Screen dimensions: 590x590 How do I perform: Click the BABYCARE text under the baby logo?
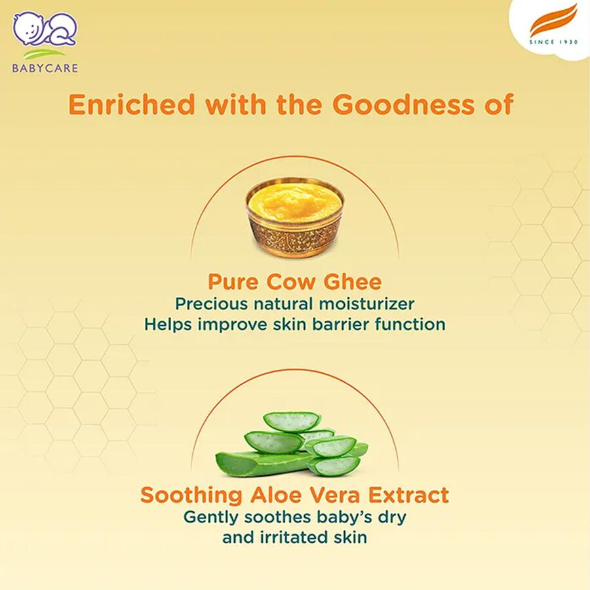[45, 68]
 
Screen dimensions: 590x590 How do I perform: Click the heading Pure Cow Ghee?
[294, 283]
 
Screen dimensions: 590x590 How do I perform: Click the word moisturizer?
[375, 304]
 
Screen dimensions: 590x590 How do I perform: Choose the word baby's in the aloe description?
[340, 517]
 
